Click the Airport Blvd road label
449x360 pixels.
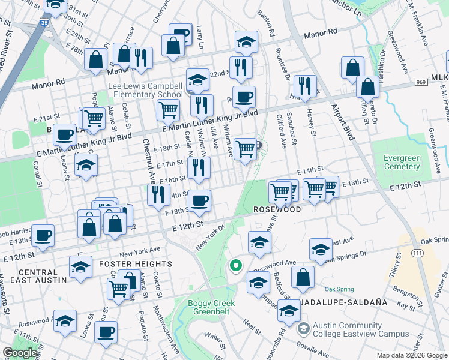click(341, 121)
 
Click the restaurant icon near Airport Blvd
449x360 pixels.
click(306, 85)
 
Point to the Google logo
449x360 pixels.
click(20, 353)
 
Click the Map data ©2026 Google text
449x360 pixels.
click(412, 355)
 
